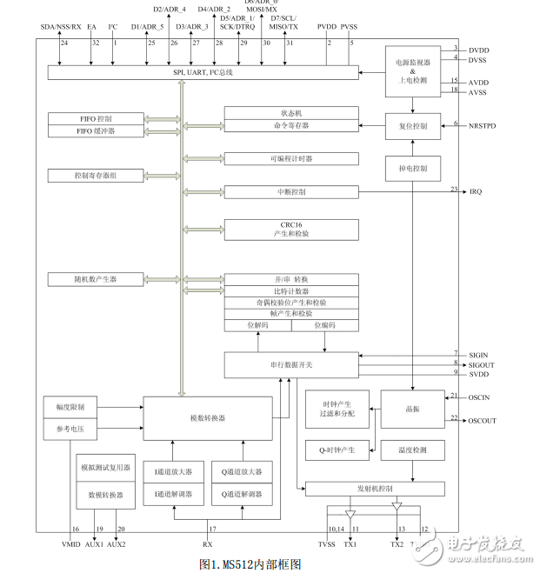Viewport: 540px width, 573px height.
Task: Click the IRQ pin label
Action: pos(476,191)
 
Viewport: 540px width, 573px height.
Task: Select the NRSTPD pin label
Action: pos(483,125)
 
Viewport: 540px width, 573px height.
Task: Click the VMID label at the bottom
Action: pos(71,544)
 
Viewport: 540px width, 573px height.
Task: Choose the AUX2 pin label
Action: pos(116,544)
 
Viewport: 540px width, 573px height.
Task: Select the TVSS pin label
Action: pos(326,544)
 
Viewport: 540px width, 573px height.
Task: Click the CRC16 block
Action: pos(291,230)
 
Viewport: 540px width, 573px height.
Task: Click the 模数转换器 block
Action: pos(208,417)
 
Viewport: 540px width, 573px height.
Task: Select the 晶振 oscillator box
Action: pos(413,410)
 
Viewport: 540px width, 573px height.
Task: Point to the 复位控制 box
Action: pos(413,126)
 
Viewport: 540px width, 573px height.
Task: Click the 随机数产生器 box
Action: pos(95,279)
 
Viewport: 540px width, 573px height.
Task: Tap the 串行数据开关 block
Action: pos(290,365)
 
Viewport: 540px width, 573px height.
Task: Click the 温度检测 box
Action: pos(413,450)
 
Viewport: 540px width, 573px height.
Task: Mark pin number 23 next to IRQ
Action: pos(454,188)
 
